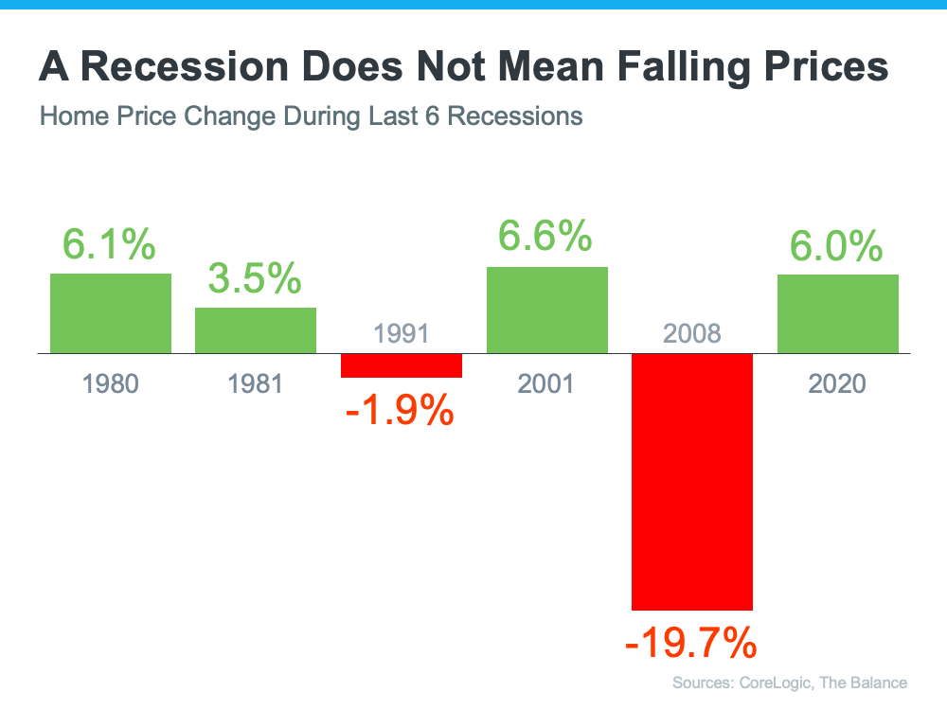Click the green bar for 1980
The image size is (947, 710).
click(111, 313)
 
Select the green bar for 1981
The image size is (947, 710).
click(256, 330)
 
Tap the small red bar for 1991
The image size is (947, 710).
click(402, 365)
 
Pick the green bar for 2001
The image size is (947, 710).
click(547, 310)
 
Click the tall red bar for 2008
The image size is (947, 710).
click(692, 482)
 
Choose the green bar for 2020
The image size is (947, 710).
click(838, 313)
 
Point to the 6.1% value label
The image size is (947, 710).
click(110, 244)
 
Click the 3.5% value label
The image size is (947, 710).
click(256, 279)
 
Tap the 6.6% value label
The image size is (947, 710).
click(546, 237)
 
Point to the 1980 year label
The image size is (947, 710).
click(111, 383)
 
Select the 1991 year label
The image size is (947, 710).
click(402, 333)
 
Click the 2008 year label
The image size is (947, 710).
click(692, 333)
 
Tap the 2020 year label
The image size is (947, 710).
click(838, 383)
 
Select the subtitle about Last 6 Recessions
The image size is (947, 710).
click(311, 117)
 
